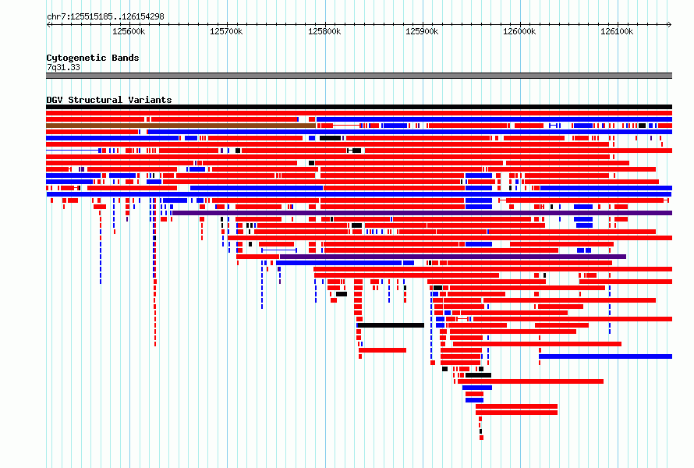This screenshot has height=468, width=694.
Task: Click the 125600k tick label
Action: [x=129, y=31]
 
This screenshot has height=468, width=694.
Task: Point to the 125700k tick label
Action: [x=226, y=31]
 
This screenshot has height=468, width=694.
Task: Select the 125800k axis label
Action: [x=324, y=31]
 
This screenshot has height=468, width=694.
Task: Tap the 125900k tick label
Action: [x=422, y=31]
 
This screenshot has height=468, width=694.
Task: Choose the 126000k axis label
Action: [x=519, y=31]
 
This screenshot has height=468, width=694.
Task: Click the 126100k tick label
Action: [x=617, y=31]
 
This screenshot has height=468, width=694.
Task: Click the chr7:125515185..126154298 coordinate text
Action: [x=105, y=17]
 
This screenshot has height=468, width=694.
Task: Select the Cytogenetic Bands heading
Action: [x=93, y=58]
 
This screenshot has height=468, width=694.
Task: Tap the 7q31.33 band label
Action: [x=63, y=67]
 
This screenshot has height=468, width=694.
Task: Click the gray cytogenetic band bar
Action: [x=359, y=76]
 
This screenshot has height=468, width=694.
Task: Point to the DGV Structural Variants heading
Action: [x=109, y=100]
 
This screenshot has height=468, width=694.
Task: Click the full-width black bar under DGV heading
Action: [x=359, y=107]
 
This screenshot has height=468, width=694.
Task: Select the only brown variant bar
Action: [x=181, y=126]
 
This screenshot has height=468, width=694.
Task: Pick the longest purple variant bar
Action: [x=422, y=213]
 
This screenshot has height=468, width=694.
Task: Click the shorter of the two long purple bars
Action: [x=453, y=257]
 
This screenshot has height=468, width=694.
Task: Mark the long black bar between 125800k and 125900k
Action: [x=391, y=325]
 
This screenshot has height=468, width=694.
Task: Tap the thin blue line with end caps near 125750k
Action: [x=279, y=250]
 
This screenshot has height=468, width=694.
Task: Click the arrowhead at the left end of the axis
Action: [x=48, y=24]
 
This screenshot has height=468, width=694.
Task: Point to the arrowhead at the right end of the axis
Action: [x=670, y=24]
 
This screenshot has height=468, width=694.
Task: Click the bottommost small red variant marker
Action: [x=482, y=438]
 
